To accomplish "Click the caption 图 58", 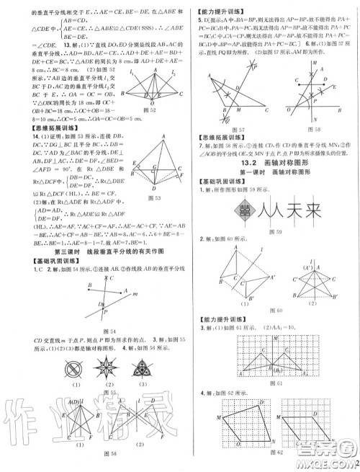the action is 309,133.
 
